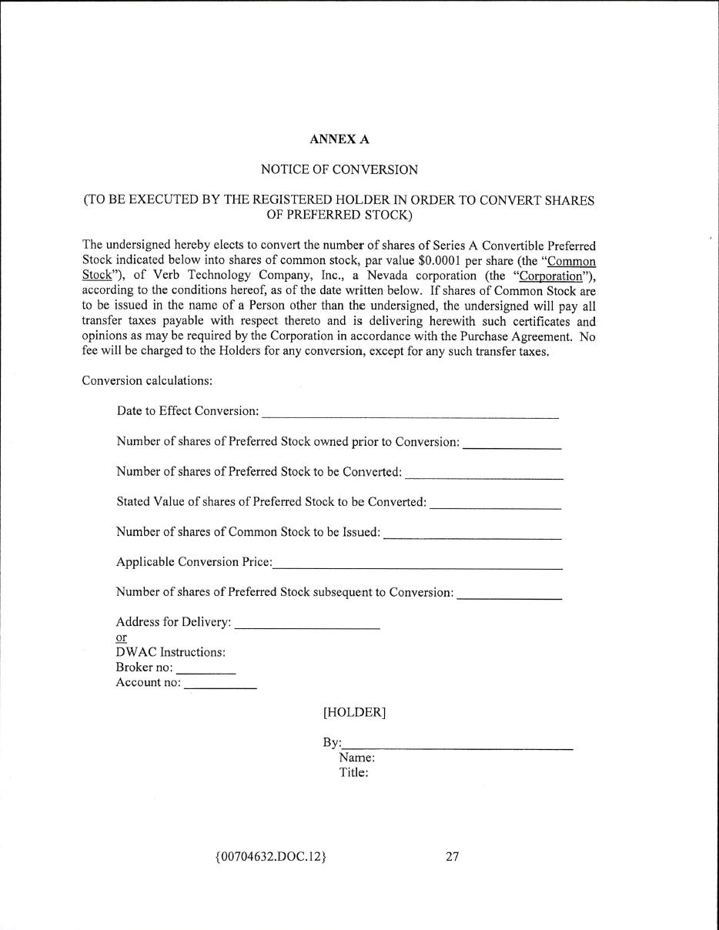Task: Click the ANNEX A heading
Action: click(x=339, y=139)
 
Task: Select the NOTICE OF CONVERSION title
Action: click(x=339, y=169)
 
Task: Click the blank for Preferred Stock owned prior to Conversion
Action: click(x=512, y=446)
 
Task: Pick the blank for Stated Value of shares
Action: click(x=495, y=507)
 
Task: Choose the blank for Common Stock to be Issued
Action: click(x=472, y=537)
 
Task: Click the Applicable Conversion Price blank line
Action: click(x=417, y=567)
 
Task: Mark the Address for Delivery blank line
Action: click(x=307, y=627)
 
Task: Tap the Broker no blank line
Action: click(x=206, y=672)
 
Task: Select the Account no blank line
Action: click(x=220, y=687)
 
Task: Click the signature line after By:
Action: click(x=458, y=748)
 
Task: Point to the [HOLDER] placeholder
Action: click(x=354, y=713)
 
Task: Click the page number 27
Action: click(x=452, y=856)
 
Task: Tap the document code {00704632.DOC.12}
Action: click(x=271, y=856)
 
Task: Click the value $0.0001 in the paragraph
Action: click(x=439, y=261)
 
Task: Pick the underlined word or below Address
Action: click(x=121, y=637)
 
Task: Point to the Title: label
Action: click(x=354, y=773)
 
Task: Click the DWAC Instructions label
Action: click(x=170, y=652)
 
